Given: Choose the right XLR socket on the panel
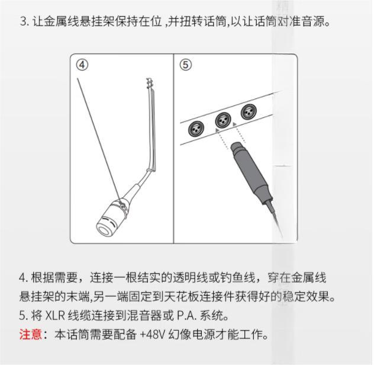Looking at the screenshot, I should [249, 111].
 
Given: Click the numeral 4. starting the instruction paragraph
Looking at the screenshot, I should [24, 278].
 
